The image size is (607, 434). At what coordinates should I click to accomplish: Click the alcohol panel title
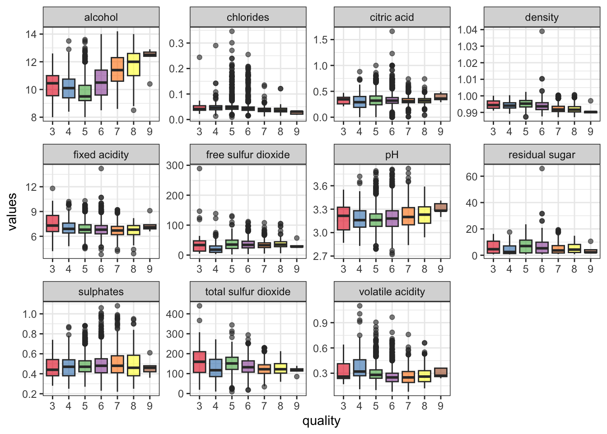click(x=101, y=17)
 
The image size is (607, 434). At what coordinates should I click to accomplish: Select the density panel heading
click(x=542, y=17)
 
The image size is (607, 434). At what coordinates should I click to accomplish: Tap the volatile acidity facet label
click(x=392, y=292)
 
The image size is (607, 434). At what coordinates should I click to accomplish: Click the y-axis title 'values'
click(x=12, y=212)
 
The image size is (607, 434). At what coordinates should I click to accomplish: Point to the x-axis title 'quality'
click(x=321, y=421)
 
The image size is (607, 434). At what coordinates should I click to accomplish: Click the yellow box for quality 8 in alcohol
click(x=133, y=65)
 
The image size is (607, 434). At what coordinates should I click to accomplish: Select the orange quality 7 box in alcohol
click(x=117, y=69)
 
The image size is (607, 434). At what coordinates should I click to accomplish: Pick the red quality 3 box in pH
click(x=343, y=218)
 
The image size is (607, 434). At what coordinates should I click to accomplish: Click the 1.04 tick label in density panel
click(x=467, y=30)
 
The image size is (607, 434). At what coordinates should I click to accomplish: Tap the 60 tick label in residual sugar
click(x=472, y=176)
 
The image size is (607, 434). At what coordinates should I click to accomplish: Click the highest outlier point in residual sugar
click(x=542, y=169)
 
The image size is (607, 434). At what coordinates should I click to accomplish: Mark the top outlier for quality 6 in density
click(x=542, y=31)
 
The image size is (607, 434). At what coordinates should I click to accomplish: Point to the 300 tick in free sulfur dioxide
click(x=175, y=165)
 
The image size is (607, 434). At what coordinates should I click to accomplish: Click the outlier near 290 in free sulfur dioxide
click(x=199, y=169)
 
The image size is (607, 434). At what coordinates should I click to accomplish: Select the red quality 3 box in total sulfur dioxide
click(x=199, y=362)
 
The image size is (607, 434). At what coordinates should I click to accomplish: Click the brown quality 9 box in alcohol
click(x=149, y=54)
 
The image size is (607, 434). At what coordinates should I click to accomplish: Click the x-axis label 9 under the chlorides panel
click(x=297, y=132)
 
